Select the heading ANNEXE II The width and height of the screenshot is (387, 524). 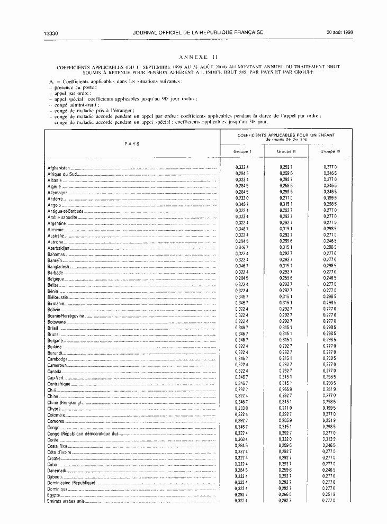point(198,57)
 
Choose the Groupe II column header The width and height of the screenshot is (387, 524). point(286,151)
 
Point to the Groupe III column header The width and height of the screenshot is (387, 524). point(330,151)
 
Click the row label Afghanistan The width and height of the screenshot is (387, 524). point(59,168)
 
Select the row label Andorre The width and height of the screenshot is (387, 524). point(56,198)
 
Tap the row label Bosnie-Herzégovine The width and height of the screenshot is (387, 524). point(69,315)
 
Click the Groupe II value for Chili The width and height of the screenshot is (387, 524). point(286,390)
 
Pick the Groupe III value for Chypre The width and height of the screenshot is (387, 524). point(330,408)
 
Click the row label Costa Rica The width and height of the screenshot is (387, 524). point(57,446)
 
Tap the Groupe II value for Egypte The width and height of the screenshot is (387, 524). point(286,495)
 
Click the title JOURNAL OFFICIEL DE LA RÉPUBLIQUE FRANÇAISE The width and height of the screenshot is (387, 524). point(199,32)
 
